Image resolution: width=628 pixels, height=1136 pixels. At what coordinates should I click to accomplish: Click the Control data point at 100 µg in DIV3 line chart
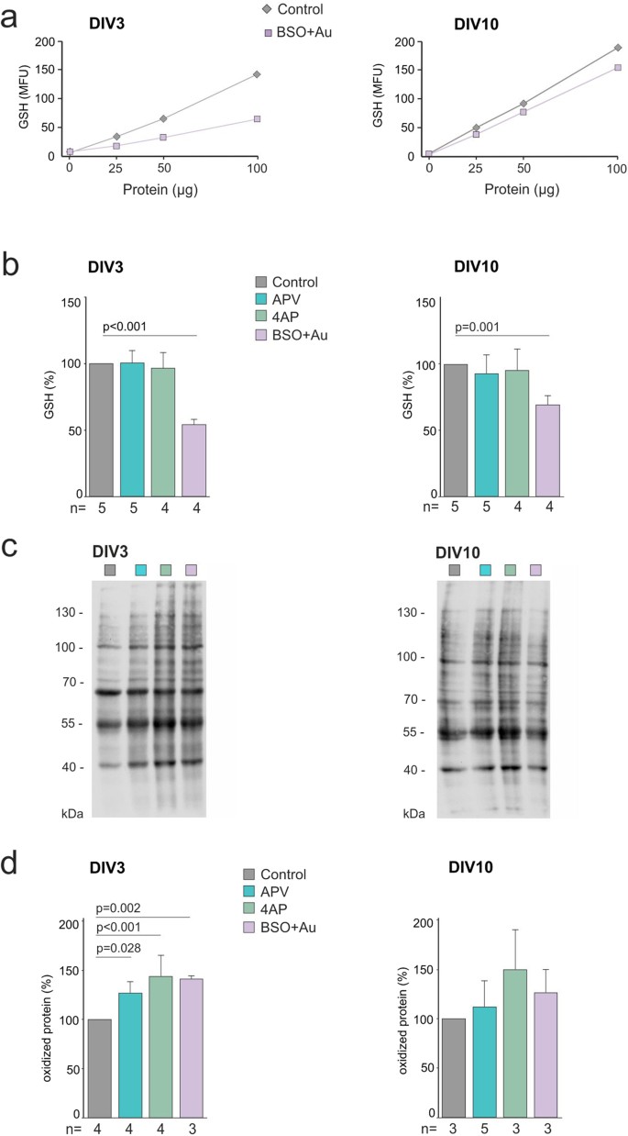tap(257, 74)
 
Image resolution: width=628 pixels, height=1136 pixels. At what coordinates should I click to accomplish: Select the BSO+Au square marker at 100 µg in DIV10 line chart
tap(617, 67)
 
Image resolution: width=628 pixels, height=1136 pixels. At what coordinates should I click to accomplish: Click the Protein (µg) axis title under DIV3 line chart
tap(163, 189)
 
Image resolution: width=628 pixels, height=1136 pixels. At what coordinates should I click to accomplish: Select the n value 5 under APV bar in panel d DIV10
tap(486, 1127)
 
